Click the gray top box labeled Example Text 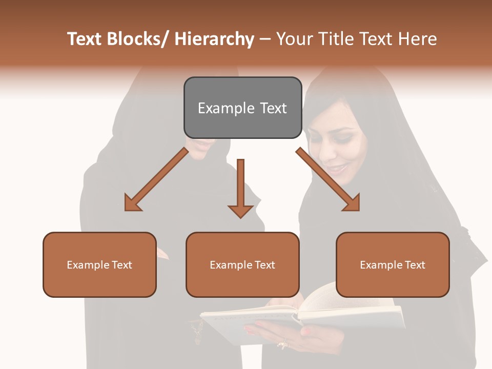coord(242,108)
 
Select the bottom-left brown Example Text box coord(99,264)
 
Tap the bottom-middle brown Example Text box coord(242,264)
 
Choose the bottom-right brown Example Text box coord(393,264)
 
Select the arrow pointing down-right coord(328,179)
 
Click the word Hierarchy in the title coord(214,39)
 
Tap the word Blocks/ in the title coord(139,39)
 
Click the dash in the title coord(265,39)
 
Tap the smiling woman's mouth coord(337,168)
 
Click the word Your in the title coord(294,39)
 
